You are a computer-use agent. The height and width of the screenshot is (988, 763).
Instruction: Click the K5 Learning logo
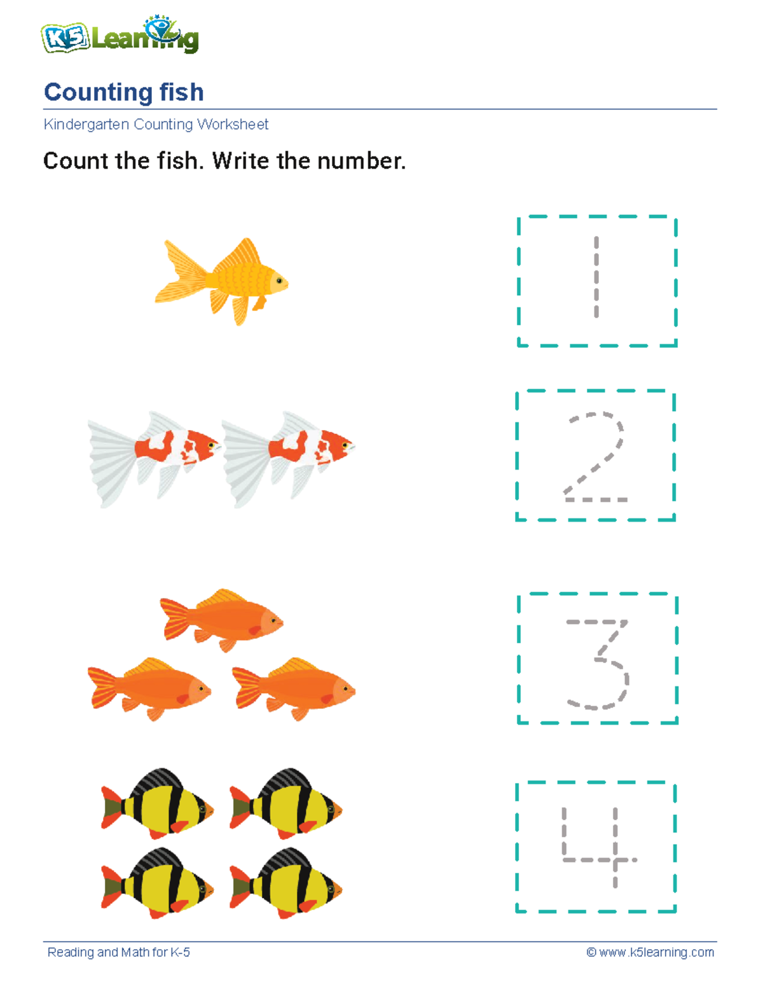(x=120, y=37)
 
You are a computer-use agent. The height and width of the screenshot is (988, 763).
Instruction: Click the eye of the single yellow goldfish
(x=278, y=280)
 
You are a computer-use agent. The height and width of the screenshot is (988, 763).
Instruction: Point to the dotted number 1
(x=596, y=277)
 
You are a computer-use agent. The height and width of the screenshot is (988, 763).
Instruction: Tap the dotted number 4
(x=598, y=846)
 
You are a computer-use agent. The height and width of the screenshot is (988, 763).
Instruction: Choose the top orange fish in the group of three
(x=223, y=620)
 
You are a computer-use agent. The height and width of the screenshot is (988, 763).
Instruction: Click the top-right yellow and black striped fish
(x=286, y=805)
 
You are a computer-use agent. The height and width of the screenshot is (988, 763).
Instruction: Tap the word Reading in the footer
(x=70, y=952)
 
